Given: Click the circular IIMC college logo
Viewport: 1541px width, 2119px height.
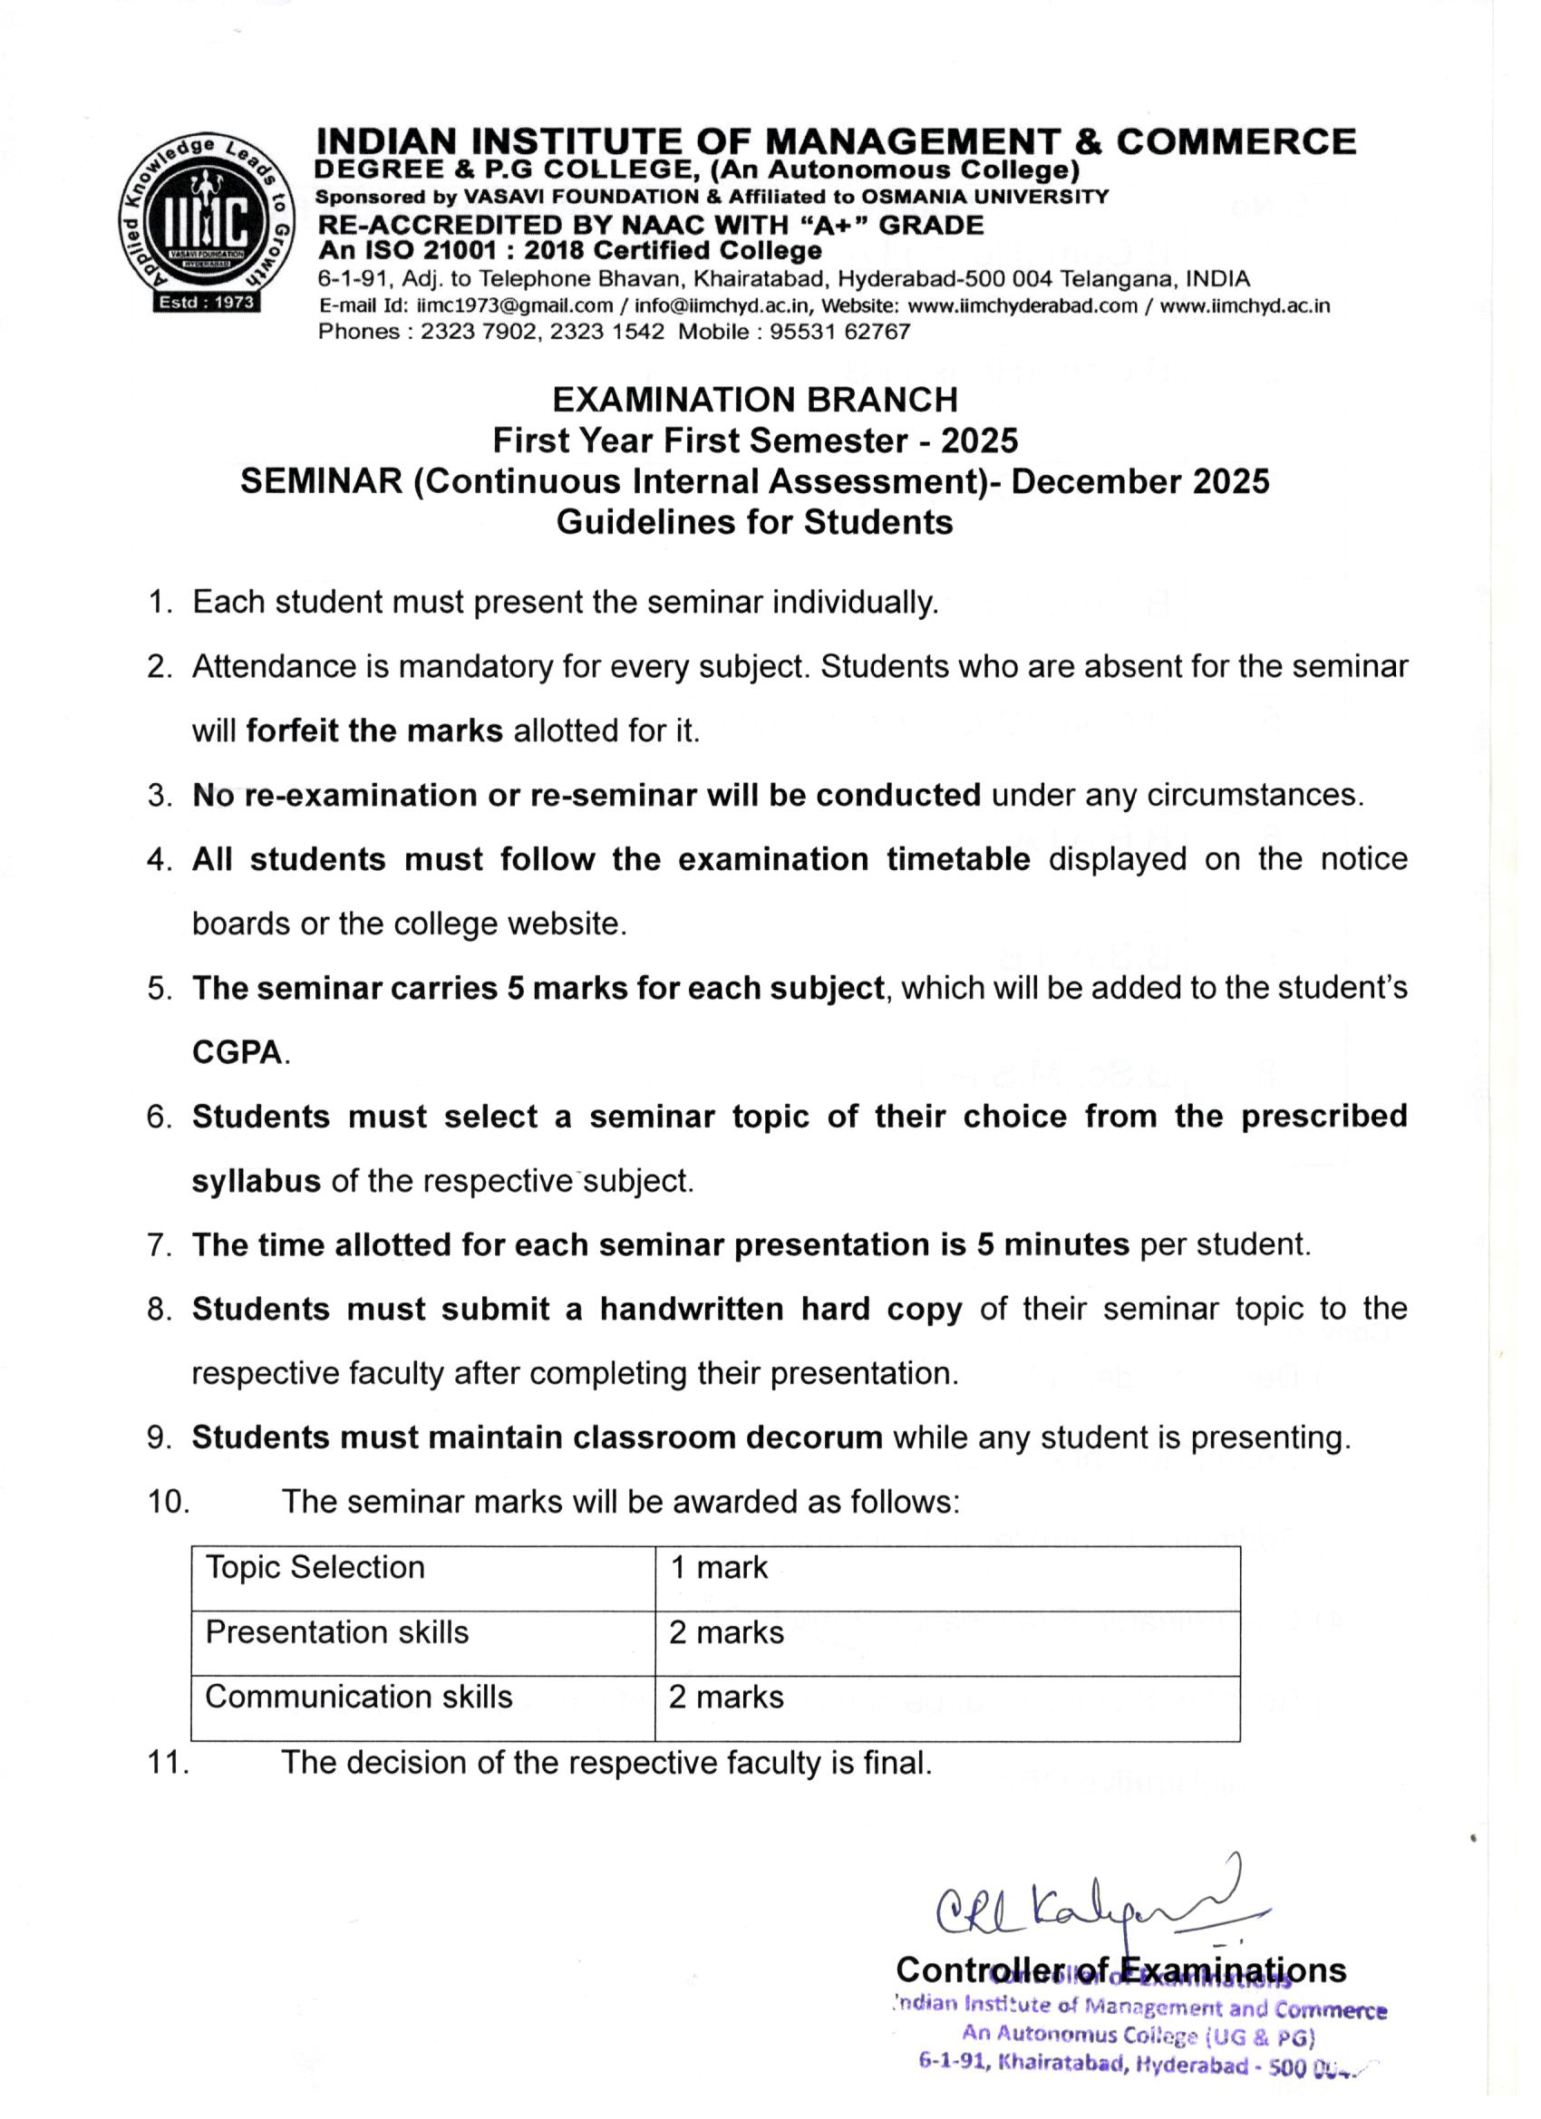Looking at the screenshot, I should coord(207,218).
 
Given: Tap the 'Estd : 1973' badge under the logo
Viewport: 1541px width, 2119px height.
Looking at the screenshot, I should coord(208,302).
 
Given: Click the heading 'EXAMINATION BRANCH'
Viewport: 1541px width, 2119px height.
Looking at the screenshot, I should coord(755,400).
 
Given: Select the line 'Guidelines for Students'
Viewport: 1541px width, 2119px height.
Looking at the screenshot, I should coord(755,521).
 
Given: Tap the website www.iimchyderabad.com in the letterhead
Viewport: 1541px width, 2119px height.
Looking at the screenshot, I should coord(1023,305).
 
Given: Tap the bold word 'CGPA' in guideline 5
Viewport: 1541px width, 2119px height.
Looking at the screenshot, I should coord(237,1053).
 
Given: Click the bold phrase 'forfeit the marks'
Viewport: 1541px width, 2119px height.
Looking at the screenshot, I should coord(373,731).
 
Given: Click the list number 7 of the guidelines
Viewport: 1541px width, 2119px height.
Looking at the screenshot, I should coord(157,1245).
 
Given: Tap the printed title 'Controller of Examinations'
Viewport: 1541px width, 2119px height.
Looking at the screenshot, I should coord(1120,1970).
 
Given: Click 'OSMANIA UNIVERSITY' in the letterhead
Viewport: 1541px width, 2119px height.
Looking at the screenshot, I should coord(984,198).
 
